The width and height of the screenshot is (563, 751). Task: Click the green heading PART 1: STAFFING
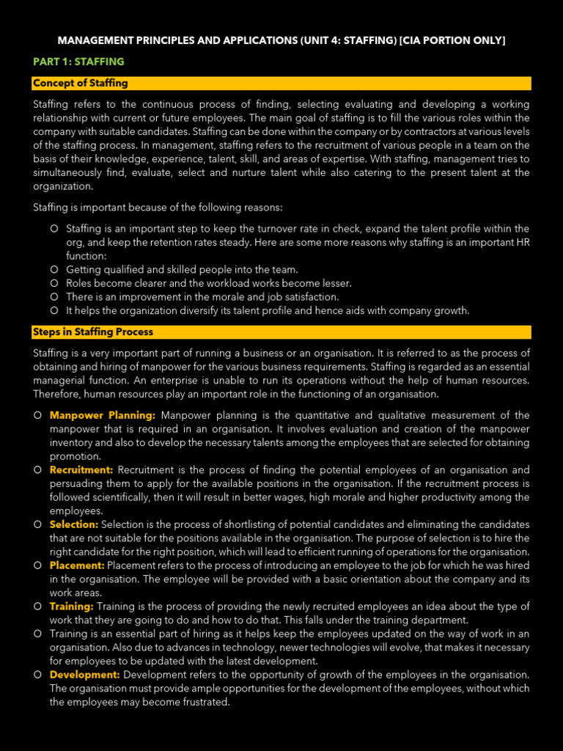coord(78,62)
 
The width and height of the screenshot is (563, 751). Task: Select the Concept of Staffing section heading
coord(81,83)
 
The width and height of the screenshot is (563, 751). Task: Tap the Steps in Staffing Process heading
coord(93,331)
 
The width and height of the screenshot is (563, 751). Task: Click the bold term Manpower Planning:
coord(103,416)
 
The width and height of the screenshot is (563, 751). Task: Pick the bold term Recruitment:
coord(81,469)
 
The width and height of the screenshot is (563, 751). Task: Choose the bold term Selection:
coord(74,524)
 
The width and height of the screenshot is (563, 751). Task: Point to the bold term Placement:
coord(77,565)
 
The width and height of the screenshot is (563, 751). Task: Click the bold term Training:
coord(72,607)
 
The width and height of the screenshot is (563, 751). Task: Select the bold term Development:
coord(85,674)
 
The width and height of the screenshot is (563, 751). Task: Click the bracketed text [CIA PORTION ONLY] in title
coord(454,40)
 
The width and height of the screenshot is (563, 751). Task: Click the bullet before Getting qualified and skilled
coord(54,270)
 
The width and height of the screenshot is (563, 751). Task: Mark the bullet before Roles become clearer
coord(54,283)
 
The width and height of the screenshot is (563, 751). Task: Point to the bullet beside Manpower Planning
coord(37,416)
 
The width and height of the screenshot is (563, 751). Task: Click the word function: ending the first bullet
coord(87,256)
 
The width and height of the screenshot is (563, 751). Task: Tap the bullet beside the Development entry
coord(37,674)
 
